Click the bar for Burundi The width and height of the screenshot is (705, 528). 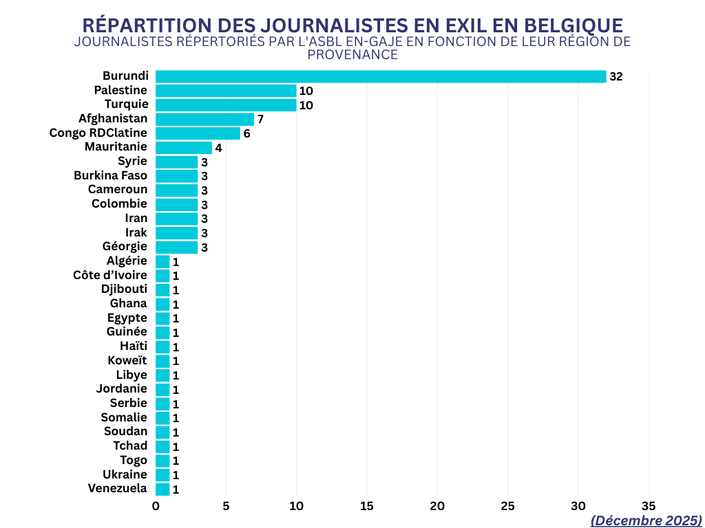[x=381, y=76]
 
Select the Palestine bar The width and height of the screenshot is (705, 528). [x=226, y=91]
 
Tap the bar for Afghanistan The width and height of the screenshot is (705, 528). [x=204, y=119]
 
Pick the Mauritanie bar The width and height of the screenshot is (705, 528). [x=184, y=147]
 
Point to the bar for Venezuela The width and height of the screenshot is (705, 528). [x=162, y=489]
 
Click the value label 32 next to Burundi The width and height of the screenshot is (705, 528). [x=615, y=76]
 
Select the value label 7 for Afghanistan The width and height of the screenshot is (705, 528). [x=260, y=120]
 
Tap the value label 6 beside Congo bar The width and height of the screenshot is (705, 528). [x=246, y=133]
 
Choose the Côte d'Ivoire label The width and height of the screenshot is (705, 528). [x=110, y=276]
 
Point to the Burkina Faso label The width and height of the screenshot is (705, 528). [x=110, y=176]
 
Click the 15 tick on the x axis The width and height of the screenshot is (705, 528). [x=367, y=506]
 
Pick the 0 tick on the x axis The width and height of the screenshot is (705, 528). [x=156, y=506]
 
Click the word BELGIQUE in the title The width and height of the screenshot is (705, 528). [x=574, y=25]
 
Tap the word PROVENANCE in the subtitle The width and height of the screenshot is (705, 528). [x=352, y=54]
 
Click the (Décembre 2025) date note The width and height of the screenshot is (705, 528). [x=646, y=520]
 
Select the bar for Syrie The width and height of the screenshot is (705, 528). [x=176, y=162]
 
